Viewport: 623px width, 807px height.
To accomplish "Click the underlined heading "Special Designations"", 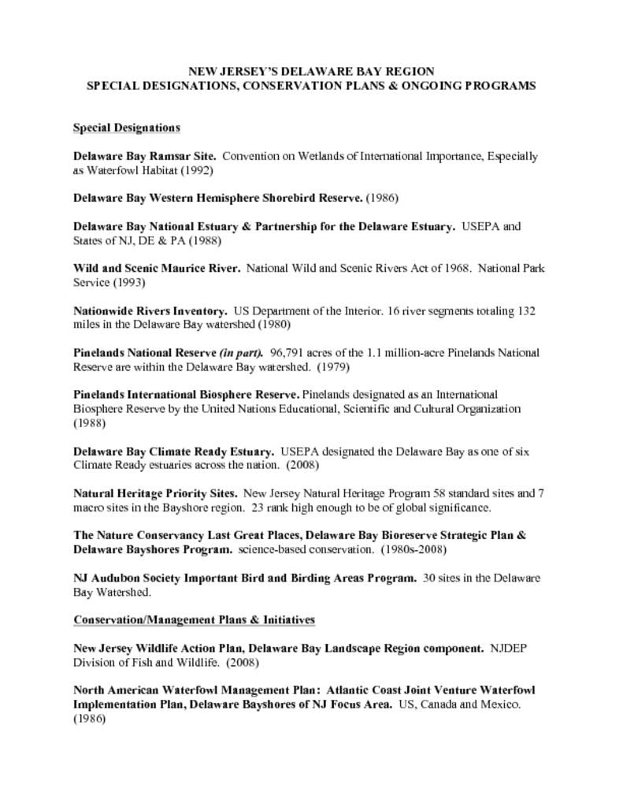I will [127, 128].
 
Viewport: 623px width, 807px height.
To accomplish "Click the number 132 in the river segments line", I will [526, 311].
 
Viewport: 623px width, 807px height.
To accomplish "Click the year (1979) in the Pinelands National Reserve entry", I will [334, 366].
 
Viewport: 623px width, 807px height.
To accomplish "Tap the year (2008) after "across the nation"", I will [302, 466].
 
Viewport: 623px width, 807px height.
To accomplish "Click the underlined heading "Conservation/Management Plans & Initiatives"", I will [194, 620].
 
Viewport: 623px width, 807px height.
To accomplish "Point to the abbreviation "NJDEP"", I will [509, 649].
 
